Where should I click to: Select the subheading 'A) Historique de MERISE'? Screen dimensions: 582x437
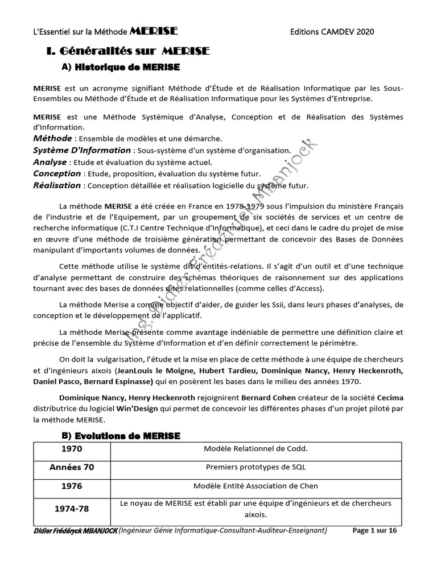click(x=120, y=68)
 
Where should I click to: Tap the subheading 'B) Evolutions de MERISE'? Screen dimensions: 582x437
click(x=120, y=436)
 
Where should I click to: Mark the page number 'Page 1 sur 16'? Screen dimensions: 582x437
click(x=375, y=531)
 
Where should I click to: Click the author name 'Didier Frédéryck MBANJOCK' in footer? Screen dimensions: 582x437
click(x=75, y=531)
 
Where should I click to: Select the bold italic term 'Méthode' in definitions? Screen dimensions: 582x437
click(x=52, y=139)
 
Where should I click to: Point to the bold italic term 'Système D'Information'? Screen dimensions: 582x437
click(x=82, y=150)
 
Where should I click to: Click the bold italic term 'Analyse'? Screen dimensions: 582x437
click(x=50, y=162)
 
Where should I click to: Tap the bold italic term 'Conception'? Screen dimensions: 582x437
click(x=57, y=173)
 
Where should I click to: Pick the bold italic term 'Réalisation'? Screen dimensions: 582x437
click(x=57, y=185)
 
